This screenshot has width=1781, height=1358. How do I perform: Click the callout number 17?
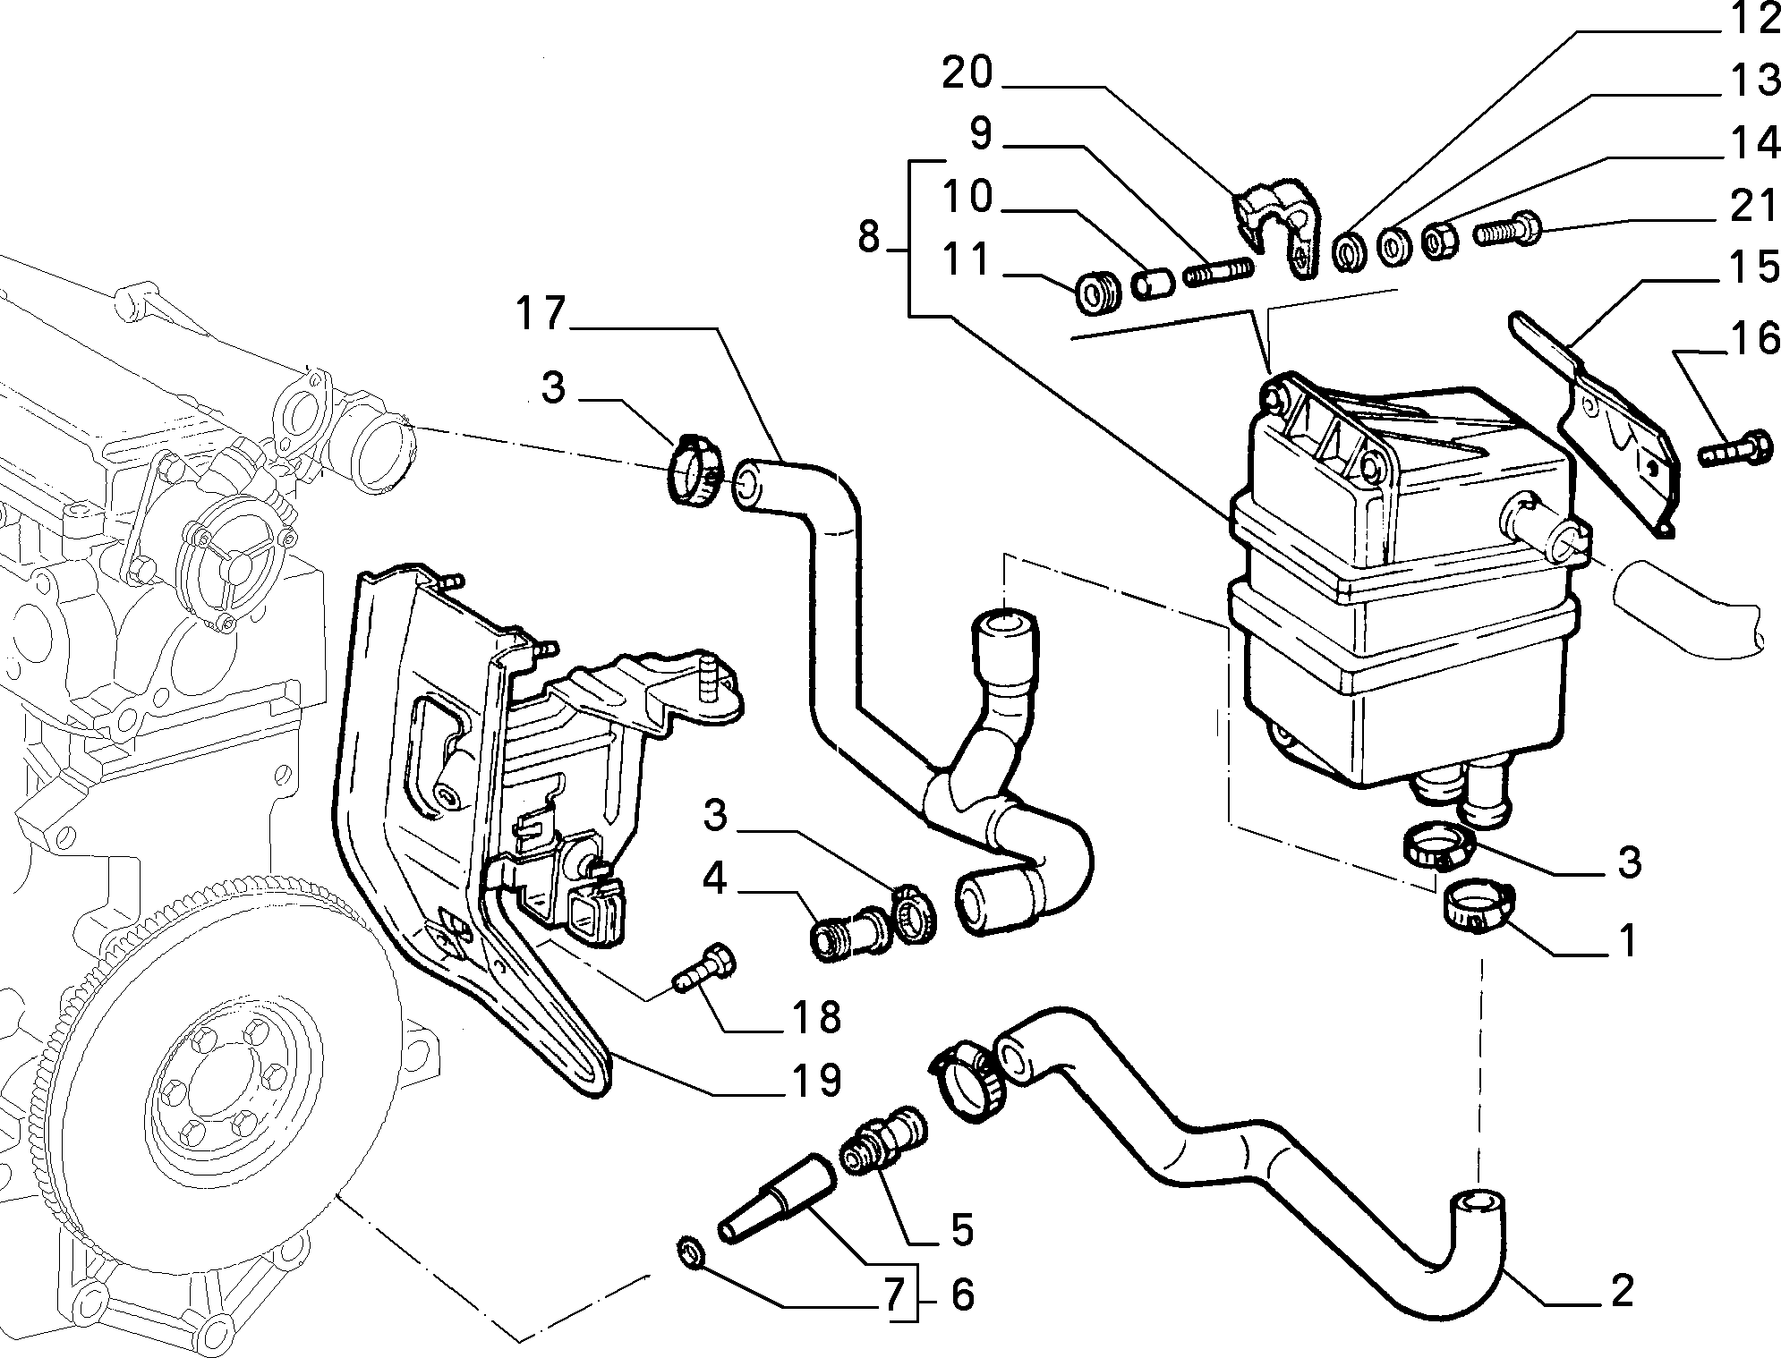point(541,314)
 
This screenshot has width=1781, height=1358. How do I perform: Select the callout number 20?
point(968,72)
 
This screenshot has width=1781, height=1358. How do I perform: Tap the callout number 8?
point(868,238)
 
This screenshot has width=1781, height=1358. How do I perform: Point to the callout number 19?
point(816,1080)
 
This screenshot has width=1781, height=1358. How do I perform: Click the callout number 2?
point(1621,1290)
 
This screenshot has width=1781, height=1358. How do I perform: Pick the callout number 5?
point(961,1230)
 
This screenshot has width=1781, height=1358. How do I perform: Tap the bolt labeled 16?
point(1734,449)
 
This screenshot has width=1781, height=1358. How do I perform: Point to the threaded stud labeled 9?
point(1218,270)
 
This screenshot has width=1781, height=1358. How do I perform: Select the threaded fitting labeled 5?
point(884,1142)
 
